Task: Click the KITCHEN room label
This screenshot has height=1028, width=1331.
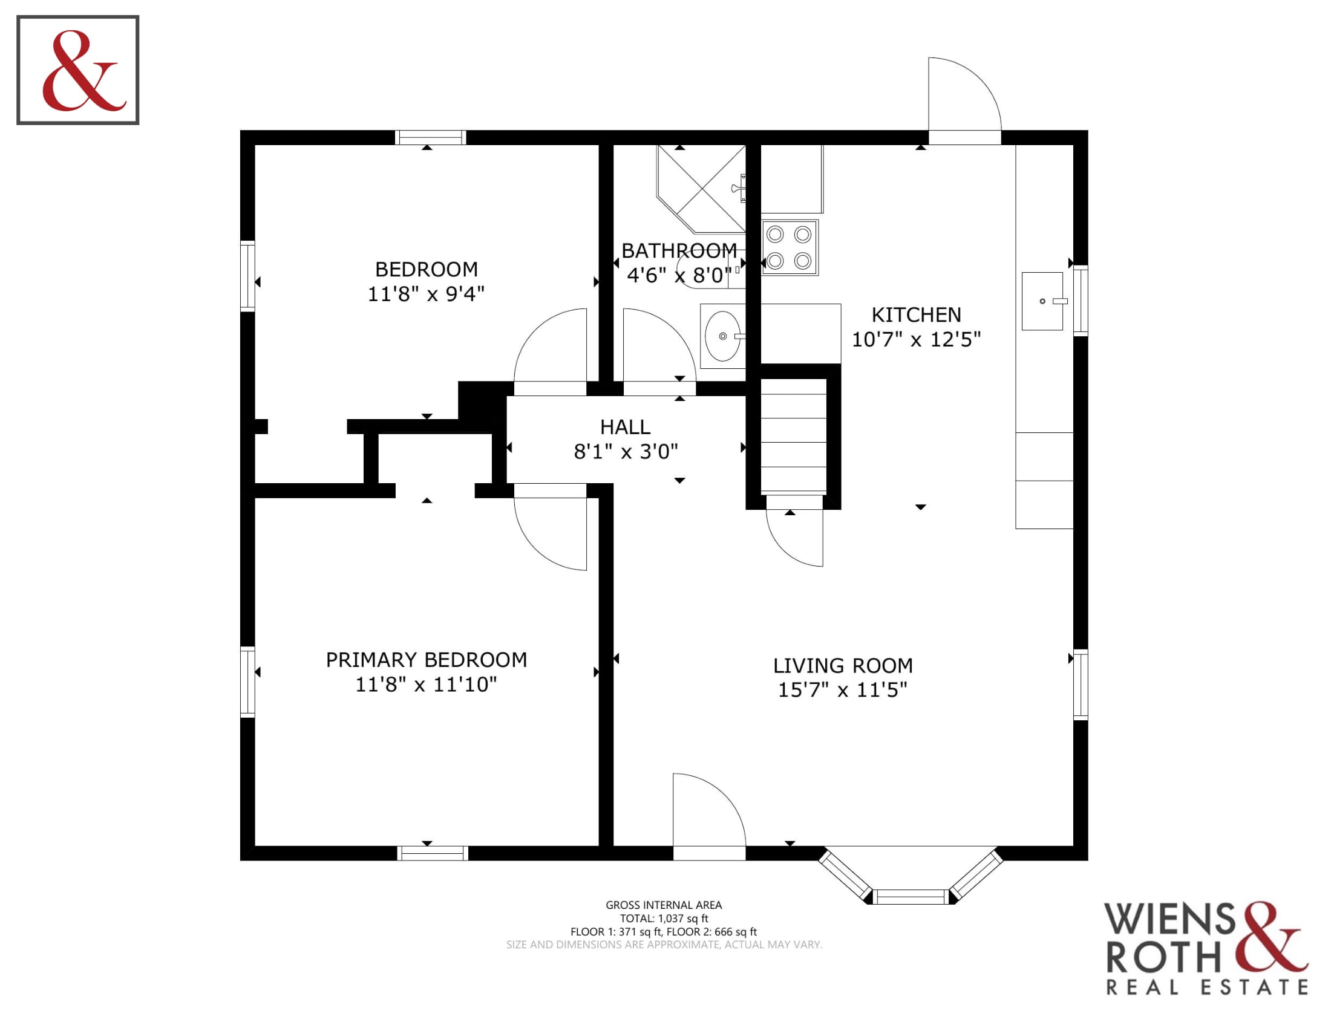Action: pyautogui.click(x=916, y=315)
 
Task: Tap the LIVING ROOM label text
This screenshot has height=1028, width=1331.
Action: pyautogui.click(x=843, y=666)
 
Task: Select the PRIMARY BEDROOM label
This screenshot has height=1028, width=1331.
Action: pyautogui.click(x=427, y=660)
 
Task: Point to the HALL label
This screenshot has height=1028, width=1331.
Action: pyautogui.click(x=626, y=427)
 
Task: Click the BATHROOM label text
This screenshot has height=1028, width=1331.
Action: pyautogui.click(x=679, y=251)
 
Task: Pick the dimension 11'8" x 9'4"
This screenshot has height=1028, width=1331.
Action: pyautogui.click(x=426, y=294)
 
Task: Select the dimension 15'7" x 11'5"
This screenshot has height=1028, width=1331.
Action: pyautogui.click(x=843, y=690)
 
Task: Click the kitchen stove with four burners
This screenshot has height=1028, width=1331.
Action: pyautogui.click(x=789, y=248)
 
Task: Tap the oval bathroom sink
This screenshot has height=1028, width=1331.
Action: pyautogui.click(x=724, y=336)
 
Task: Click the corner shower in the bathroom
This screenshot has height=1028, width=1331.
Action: pyautogui.click(x=701, y=189)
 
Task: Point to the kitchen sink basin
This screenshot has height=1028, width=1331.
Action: pyautogui.click(x=1043, y=302)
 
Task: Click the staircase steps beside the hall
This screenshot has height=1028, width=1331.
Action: pyautogui.click(x=794, y=437)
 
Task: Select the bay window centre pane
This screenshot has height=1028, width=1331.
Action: pyautogui.click(x=911, y=896)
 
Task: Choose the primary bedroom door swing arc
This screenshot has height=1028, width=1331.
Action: pyautogui.click(x=535, y=548)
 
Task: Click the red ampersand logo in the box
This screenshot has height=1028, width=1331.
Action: pyautogui.click(x=84, y=71)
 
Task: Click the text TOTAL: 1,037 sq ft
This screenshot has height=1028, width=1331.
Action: pyautogui.click(x=664, y=919)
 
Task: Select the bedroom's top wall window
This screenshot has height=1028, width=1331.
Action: pyautogui.click(x=430, y=138)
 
